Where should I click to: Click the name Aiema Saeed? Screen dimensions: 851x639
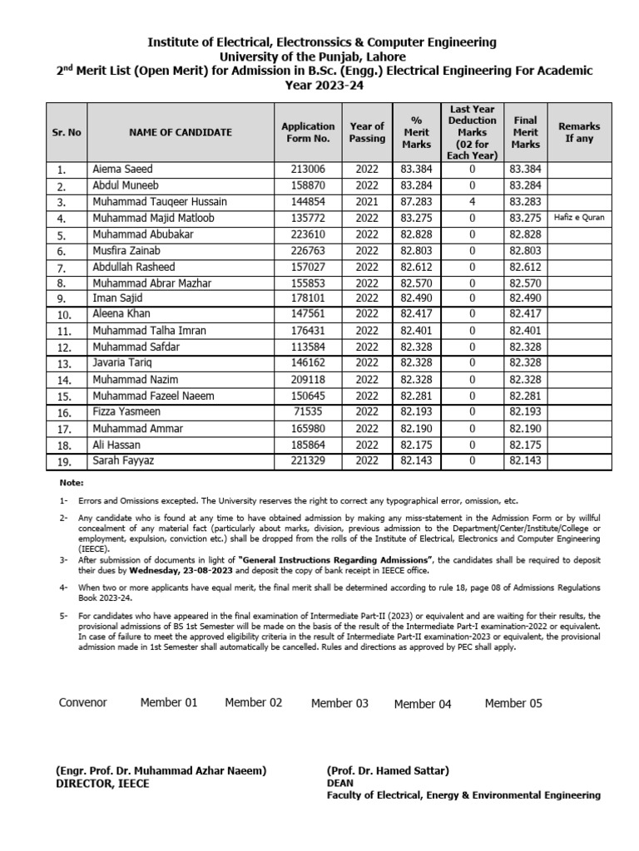tap(122, 170)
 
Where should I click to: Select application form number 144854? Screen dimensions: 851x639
tap(308, 202)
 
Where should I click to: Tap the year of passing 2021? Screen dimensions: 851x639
tap(366, 202)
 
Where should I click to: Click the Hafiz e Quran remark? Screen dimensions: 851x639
tap(579, 218)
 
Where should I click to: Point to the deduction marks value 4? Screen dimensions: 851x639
tap(472, 202)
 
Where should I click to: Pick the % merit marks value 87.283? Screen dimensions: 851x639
tap(416, 202)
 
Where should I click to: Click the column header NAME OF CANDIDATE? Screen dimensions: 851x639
tap(181, 132)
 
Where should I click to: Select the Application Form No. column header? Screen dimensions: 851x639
tap(308, 132)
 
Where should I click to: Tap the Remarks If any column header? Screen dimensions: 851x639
tap(579, 132)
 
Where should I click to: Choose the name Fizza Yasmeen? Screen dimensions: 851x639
tap(126, 412)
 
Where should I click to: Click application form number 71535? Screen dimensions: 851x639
tap(308, 412)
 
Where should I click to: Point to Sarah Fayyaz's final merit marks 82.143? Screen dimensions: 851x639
tap(525, 460)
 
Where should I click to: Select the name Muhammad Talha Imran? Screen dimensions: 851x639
tap(149, 331)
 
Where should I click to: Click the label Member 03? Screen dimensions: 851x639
tap(339, 704)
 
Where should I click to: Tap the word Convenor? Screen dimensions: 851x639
tap(83, 703)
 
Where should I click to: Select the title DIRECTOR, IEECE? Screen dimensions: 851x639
tap(102, 784)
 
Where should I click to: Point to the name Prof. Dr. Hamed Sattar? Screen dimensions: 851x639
tap(388, 771)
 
